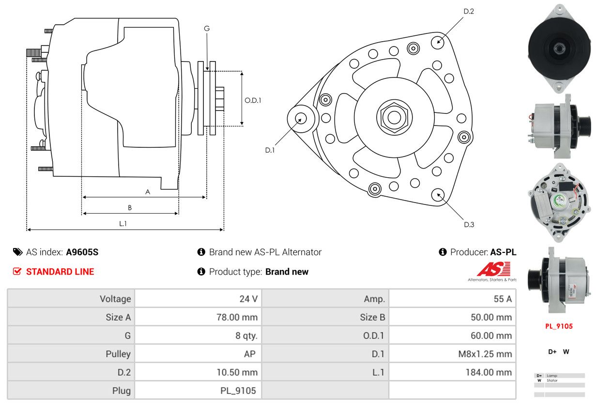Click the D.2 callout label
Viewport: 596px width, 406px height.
coord(469,11)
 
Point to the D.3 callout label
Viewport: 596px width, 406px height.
coord(469,224)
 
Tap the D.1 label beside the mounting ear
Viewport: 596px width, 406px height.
coord(270,150)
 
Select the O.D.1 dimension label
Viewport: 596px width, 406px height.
coord(253,100)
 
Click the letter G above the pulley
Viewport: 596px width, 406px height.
coord(207,29)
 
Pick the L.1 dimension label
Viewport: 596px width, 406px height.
coord(123,223)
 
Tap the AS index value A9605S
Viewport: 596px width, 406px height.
coord(82,252)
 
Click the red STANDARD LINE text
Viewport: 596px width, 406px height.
coord(60,272)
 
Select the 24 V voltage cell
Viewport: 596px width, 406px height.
coord(248,299)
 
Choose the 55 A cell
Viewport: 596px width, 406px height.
coord(502,299)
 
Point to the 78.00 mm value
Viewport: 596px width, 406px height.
coord(237,317)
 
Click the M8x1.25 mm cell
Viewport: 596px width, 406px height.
coord(485,354)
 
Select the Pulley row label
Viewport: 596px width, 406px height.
coord(118,354)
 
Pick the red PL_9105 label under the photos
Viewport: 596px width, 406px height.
coord(559,326)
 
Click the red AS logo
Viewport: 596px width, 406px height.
coord(493,269)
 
